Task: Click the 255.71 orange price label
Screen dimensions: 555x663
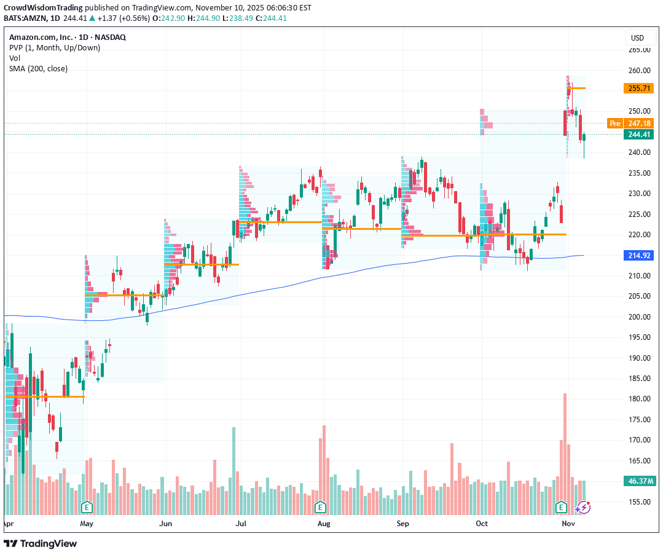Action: point(638,89)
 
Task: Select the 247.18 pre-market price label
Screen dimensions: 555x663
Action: point(638,124)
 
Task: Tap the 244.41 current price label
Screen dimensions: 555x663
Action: point(638,135)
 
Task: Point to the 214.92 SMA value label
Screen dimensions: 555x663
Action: point(638,255)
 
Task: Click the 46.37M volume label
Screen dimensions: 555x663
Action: point(638,481)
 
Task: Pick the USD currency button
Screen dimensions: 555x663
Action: point(637,38)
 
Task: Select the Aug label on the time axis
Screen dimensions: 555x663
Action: point(324,524)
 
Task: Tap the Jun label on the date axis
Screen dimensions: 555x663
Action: point(165,524)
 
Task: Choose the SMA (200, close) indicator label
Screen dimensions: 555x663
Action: point(38,68)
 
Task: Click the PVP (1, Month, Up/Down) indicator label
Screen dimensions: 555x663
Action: point(55,47)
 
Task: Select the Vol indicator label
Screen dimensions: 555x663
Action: point(15,58)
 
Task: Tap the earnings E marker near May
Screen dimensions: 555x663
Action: point(87,507)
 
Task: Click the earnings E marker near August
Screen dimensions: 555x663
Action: point(320,507)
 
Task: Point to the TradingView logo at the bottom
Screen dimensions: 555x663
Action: point(41,543)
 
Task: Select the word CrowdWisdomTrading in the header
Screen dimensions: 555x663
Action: point(42,8)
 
